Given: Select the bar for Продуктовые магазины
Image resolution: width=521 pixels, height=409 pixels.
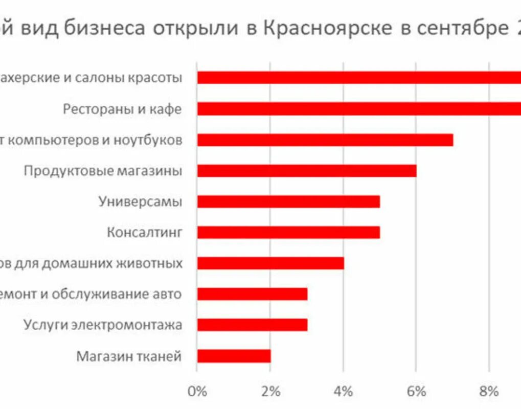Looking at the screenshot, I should coord(307,171).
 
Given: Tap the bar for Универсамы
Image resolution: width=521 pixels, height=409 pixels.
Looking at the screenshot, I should coord(288,201).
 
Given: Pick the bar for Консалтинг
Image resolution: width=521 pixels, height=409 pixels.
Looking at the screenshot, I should coord(288,233).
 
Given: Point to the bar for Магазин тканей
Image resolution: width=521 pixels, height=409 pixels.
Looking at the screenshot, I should coord(234,356).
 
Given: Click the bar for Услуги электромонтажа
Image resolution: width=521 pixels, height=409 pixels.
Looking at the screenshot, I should coord(252,325).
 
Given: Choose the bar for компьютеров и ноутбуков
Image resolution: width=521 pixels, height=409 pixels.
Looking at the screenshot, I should coord(325,140).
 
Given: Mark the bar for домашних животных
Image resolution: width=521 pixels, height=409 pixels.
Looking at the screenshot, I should coord(270,263).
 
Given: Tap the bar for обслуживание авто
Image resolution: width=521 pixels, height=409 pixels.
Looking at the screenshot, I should coord(252,294).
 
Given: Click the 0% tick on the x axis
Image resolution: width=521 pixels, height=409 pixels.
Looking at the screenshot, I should coord(197,392).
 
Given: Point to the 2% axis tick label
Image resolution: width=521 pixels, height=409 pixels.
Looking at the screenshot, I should coord(270,392).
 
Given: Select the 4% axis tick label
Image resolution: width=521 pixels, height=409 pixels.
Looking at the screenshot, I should coord(344,392).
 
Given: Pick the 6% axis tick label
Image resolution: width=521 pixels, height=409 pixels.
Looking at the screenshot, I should coord(417,392).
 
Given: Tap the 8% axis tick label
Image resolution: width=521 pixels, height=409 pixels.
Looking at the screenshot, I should coord(489,392).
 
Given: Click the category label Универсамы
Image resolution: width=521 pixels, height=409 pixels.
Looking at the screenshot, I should coord(140,201).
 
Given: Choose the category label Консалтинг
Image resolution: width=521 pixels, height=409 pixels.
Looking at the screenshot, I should coord(144,233).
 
